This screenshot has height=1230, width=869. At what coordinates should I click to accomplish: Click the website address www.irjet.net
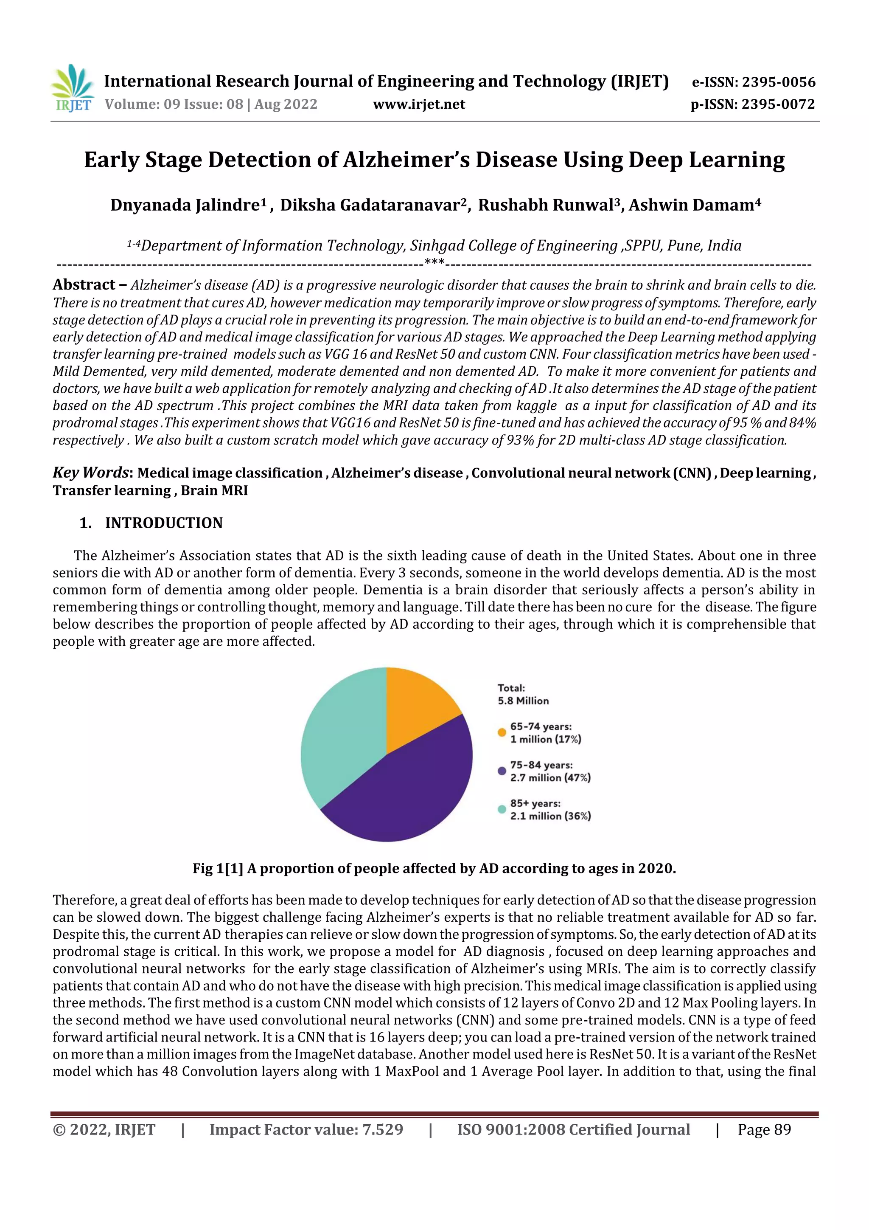419,104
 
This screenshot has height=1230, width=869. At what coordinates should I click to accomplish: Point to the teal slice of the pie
337,739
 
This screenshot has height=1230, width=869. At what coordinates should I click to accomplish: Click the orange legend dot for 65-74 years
502,732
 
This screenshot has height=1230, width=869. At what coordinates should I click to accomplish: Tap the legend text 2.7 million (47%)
550,777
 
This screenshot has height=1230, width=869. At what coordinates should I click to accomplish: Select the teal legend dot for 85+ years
502,809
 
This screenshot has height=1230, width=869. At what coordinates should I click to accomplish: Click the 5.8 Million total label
523,701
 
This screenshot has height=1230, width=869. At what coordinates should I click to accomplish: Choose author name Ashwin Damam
691,205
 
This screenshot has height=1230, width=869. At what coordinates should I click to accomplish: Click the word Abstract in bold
84,284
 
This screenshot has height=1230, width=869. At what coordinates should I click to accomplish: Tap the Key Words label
90,473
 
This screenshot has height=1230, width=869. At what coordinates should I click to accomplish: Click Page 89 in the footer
764,1129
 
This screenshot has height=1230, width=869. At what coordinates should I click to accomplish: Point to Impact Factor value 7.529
306,1129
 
